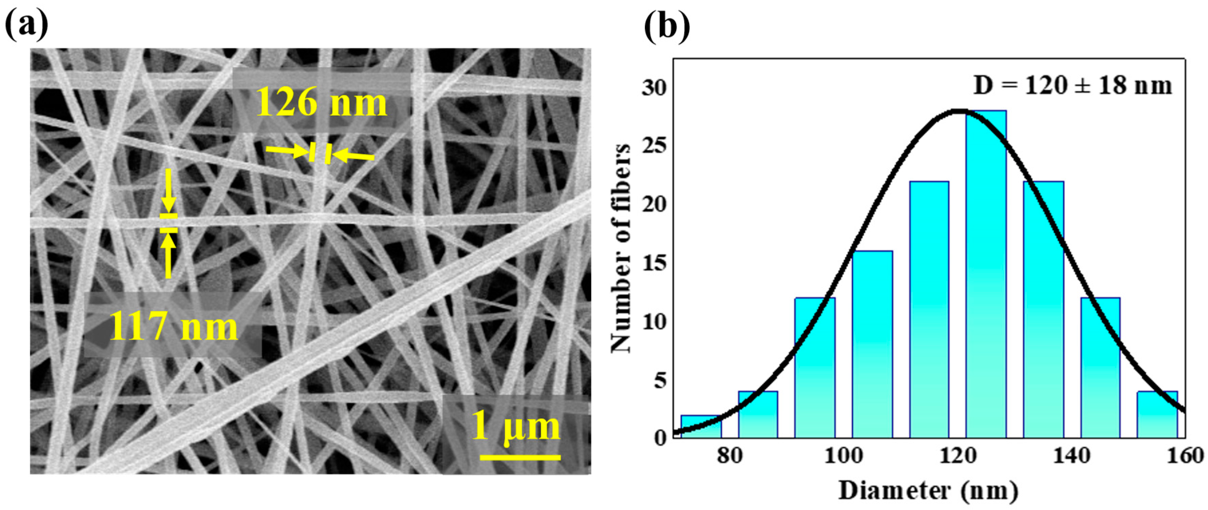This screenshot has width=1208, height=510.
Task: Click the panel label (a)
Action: (26, 24)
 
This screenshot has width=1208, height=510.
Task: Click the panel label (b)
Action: (667, 26)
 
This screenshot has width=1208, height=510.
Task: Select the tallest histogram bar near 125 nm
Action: (986, 275)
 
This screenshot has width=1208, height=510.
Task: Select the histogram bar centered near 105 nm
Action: (872, 345)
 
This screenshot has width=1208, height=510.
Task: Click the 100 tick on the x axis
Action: (844, 455)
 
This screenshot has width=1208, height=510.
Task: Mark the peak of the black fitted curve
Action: (960, 111)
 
